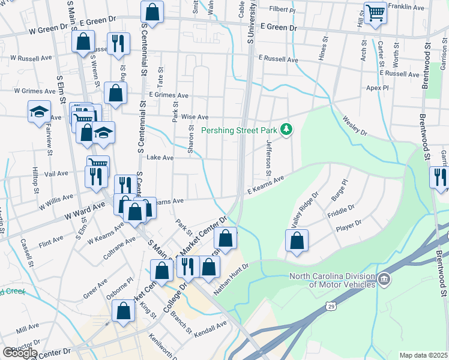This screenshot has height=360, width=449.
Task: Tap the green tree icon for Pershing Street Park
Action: coord(288,129)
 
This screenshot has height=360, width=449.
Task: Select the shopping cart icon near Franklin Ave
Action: coord(375,12)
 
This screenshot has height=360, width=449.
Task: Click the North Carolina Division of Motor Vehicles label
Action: coord(333,280)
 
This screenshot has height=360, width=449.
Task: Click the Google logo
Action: coord(20,353)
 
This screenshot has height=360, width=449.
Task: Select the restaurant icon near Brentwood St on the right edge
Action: coord(439,177)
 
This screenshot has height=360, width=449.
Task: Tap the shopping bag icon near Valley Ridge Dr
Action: coord(297,241)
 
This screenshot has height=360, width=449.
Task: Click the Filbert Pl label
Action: coord(283,10)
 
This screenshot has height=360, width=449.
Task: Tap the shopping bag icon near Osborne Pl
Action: coord(123,311)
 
